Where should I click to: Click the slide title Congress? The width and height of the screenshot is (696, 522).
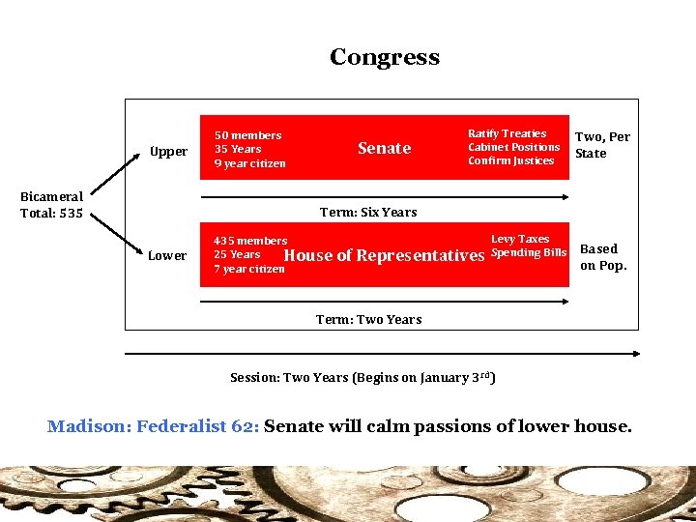384,57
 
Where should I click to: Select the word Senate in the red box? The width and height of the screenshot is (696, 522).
384,148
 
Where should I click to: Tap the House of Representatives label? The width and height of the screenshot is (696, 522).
384,255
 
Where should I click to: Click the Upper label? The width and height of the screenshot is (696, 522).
168,152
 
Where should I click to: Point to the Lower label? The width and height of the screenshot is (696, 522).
167,256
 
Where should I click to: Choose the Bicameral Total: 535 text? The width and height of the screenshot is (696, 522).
51,205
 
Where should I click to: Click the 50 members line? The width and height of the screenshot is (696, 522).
247,135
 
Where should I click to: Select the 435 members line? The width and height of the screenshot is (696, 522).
250,241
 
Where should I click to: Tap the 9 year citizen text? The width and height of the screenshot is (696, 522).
249,163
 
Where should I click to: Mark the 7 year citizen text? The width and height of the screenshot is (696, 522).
248,269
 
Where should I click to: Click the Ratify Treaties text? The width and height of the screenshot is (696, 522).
507,133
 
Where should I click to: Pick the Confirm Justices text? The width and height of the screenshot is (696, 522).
510,160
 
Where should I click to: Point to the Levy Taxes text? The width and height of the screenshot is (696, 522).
519,239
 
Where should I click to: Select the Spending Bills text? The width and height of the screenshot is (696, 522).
529,253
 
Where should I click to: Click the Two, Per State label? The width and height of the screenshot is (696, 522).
601,145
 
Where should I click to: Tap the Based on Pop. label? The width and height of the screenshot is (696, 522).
603,257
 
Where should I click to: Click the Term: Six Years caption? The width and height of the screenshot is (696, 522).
368,212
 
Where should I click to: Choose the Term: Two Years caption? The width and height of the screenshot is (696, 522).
368,320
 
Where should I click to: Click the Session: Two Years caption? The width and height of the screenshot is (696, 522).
362,377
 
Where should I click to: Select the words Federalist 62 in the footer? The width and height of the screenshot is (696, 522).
197,426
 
